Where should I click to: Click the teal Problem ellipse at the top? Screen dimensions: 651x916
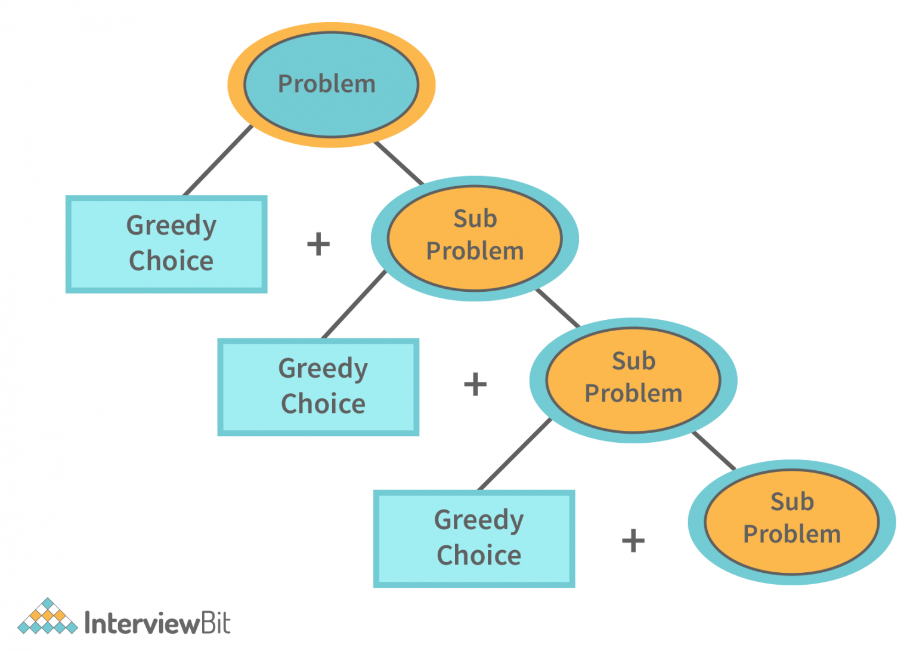331,85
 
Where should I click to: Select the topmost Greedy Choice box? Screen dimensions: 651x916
166,244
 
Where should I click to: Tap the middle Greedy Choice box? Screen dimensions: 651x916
318,387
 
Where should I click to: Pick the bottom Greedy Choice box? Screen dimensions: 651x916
474,539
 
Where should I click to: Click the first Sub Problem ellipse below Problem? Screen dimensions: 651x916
475,238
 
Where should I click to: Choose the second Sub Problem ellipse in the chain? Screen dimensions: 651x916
633,380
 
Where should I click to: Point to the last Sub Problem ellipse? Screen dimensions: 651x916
792,522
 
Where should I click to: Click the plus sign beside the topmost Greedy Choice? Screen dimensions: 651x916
318,244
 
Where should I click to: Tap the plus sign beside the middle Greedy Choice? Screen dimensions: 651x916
475,384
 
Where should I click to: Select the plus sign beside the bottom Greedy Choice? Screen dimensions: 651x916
633,541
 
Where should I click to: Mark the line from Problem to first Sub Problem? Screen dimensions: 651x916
398,162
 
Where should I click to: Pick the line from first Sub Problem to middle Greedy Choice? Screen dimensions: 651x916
354,305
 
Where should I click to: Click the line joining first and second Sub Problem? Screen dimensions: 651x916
558,308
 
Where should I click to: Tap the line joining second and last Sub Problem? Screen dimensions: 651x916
714,451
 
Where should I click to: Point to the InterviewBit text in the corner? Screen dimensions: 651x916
157,624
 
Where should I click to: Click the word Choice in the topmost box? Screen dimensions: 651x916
171,261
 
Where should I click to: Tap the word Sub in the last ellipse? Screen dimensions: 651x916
792,502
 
